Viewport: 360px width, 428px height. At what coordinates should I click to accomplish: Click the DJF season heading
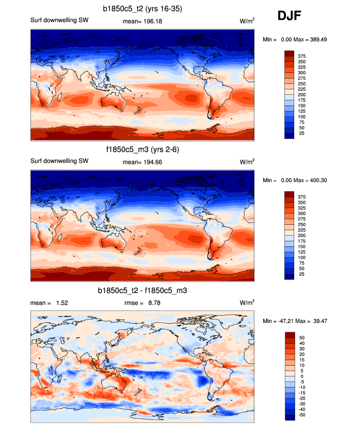tap(289, 16)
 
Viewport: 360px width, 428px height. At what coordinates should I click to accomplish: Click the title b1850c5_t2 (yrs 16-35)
tap(142, 8)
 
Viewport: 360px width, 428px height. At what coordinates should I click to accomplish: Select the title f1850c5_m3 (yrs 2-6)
tap(142, 150)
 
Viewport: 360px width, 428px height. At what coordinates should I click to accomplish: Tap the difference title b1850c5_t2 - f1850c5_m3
tap(142, 291)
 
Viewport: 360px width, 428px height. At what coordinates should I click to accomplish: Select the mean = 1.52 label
tap(49, 303)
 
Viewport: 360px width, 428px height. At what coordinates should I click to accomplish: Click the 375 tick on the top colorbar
tap(302, 56)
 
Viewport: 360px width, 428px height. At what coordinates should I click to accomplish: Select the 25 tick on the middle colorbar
tap(302, 274)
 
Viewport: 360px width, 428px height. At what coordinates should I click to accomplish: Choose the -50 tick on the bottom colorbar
tap(301, 415)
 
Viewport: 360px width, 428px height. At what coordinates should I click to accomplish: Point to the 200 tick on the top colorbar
tap(302, 94)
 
